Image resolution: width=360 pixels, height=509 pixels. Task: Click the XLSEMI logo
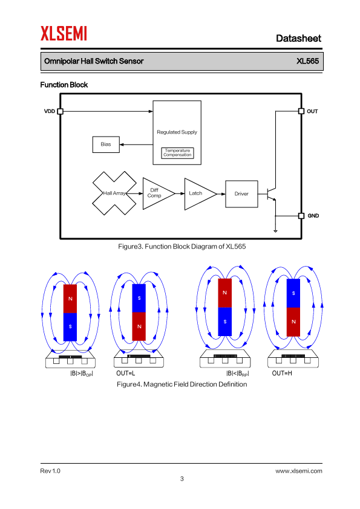tap(64, 33)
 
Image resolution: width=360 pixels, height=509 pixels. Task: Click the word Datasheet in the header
tap(298, 38)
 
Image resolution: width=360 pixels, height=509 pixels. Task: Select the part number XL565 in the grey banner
tap(307, 61)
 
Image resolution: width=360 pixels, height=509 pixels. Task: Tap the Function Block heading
tap(64, 85)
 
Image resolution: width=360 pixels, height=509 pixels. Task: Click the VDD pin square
tap(60, 111)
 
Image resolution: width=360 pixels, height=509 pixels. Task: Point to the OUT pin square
tap(301, 111)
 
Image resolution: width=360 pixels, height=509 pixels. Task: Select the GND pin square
tap(301, 216)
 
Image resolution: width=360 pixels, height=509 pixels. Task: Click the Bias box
tap(106, 144)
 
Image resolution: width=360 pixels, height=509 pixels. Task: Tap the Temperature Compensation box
tap(177, 153)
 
